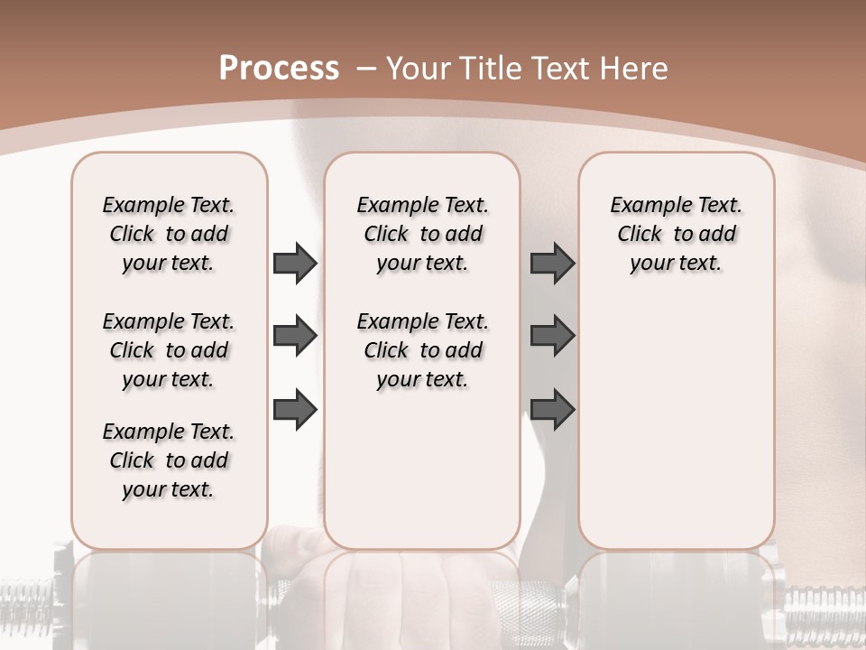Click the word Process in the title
pyautogui.click(x=279, y=69)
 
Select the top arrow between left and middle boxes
pyautogui.click(x=295, y=263)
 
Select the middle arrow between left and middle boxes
pyautogui.click(x=295, y=337)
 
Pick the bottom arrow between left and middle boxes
pyautogui.click(x=295, y=410)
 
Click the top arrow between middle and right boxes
pyautogui.click(x=552, y=263)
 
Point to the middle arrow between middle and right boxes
pyautogui.click(x=552, y=337)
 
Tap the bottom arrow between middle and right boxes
pyautogui.click(x=552, y=410)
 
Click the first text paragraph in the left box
pyautogui.click(x=169, y=234)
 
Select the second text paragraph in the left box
pyautogui.click(x=169, y=350)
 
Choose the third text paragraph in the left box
pyautogui.click(x=169, y=460)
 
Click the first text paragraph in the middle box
pyautogui.click(x=422, y=234)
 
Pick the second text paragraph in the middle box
pyautogui.click(x=422, y=350)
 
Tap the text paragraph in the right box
pyautogui.click(x=676, y=234)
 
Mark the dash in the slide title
pyautogui.click(x=366, y=69)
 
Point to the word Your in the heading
pyautogui.click(x=420, y=69)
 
